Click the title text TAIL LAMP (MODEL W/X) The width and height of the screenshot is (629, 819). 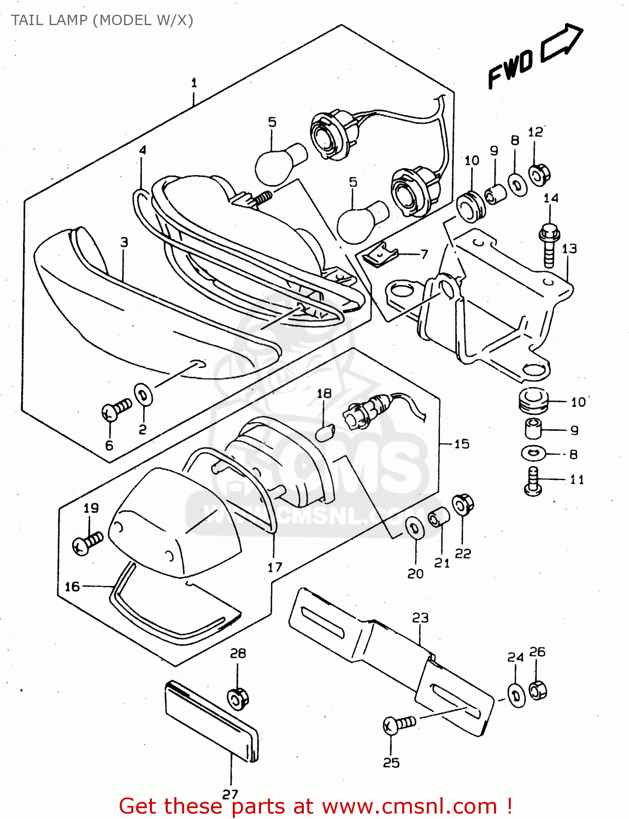[102, 20]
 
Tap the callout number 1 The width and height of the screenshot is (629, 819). [194, 83]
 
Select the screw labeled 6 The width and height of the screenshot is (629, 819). [116, 409]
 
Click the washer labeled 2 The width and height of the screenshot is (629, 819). [144, 394]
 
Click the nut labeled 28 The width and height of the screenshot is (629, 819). [238, 698]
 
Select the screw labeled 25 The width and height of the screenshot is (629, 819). [399, 724]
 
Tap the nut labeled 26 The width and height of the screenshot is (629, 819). [538, 690]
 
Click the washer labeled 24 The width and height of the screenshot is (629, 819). [516, 695]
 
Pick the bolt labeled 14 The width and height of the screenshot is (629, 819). [549, 244]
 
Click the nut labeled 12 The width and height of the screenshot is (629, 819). [539, 175]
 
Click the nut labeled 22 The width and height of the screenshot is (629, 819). [463, 505]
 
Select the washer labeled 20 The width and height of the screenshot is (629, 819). [415, 528]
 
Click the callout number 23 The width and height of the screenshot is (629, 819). [420, 618]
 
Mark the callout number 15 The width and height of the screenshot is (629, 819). [462, 443]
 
